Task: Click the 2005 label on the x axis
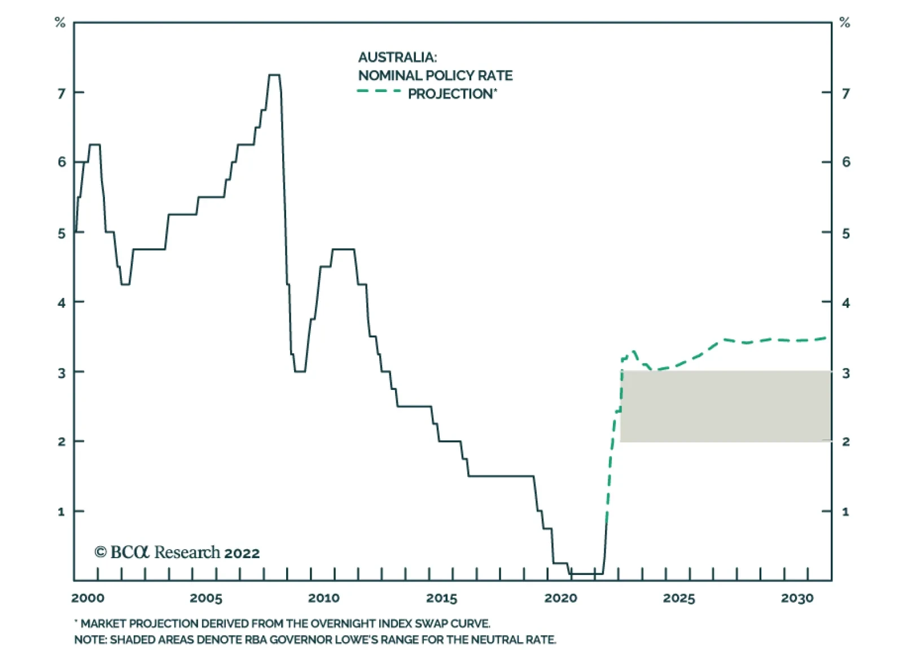(x=206, y=598)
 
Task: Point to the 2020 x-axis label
(x=560, y=598)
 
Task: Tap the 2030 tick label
(x=797, y=598)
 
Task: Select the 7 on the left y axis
(x=62, y=93)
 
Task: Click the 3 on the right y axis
(x=845, y=373)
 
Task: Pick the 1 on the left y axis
(x=62, y=512)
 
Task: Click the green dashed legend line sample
(x=379, y=91)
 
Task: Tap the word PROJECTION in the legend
(x=450, y=94)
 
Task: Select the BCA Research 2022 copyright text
(x=177, y=552)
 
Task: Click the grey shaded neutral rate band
(x=725, y=406)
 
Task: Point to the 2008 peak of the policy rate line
(x=274, y=75)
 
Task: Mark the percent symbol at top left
(x=60, y=23)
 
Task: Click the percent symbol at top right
(x=844, y=23)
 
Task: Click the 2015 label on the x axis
(x=442, y=598)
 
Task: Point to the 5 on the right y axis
(x=845, y=234)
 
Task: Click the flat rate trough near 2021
(x=587, y=574)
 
